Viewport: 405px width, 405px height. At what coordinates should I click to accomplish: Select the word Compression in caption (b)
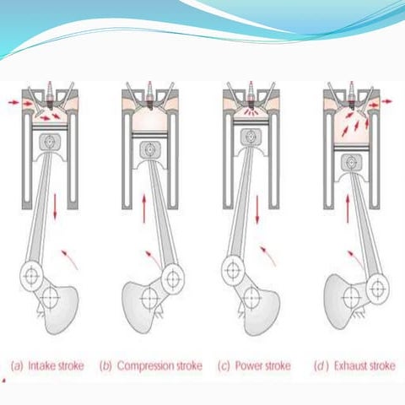143,365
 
